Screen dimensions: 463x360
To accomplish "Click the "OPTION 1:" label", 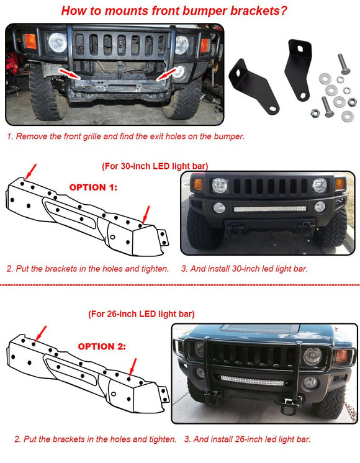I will point(92,187).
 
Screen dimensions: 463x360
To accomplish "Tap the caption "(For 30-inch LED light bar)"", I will point(154,166).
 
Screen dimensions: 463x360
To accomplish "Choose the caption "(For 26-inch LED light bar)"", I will point(141,314).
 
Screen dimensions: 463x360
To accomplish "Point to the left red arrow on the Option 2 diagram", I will point(40,331).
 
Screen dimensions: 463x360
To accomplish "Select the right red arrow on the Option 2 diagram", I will point(133,367).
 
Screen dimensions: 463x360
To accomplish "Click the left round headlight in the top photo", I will point(58,42).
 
